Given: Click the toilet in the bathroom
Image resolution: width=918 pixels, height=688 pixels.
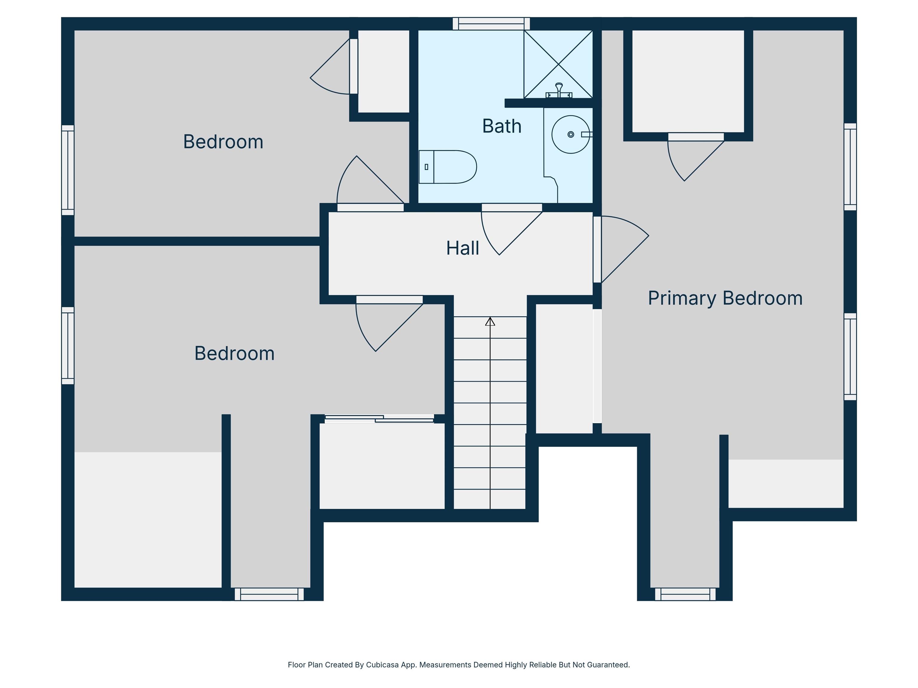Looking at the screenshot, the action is point(447,167).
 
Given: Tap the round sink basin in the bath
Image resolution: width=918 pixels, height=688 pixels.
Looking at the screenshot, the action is point(571,134).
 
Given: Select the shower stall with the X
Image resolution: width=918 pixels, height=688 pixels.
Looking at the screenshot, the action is point(558,64).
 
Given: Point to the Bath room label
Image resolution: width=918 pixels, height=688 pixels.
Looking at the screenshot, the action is point(502,126).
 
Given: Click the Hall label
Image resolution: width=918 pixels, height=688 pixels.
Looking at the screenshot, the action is point(462,248).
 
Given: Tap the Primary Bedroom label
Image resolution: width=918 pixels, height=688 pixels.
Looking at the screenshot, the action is point(725,298).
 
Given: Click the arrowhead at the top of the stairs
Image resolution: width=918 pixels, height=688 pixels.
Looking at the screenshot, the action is point(490,321).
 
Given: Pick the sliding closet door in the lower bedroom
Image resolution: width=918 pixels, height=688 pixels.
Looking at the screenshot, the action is point(379,419).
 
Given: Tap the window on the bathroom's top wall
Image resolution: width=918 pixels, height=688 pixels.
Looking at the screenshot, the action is point(491,24).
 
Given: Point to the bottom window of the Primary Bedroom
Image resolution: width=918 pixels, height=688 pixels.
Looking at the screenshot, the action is point(685,594).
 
